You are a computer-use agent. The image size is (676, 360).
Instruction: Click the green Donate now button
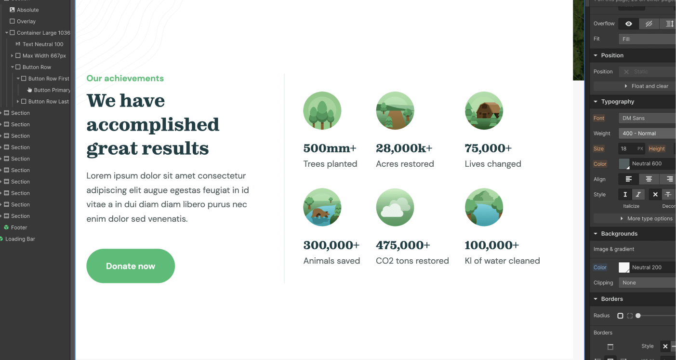click(x=131, y=266)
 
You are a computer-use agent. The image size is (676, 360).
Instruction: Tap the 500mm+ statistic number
click(x=330, y=148)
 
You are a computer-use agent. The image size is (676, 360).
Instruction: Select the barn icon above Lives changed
click(x=484, y=111)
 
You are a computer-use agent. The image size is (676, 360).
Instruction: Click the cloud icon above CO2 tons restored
click(x=395, y=207)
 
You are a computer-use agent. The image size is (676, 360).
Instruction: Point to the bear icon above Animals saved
click(x=322, y=207)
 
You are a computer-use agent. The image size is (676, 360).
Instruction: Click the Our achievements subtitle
click(x=125, y=78)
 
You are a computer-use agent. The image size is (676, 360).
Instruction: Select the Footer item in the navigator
click(x=19, y=227)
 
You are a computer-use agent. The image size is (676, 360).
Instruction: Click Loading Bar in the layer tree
click(x=20, y=239)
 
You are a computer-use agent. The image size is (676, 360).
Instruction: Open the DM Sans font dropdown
click(x=647, y=118)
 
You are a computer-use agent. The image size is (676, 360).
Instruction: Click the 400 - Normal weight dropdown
click(x=647, y=133)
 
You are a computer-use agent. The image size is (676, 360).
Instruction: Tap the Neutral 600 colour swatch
click(x=624, y=164)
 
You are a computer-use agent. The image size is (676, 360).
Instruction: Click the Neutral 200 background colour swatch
click(x=624, y=267)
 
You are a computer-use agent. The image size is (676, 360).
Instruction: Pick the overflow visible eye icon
click(x=629, y=24)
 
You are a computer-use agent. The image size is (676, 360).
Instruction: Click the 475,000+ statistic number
click(x=403, y=245)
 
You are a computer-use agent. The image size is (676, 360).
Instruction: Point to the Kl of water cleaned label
click(x=502, y=261)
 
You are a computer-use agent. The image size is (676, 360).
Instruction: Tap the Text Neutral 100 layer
click(x=43, y=44)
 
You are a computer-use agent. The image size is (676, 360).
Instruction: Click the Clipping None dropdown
click(x=647, y=283)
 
